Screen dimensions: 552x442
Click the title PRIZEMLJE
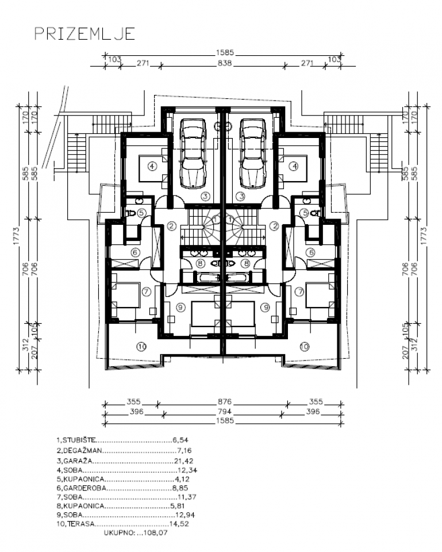[x=84, y=33]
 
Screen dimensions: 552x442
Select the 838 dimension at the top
[x=224, y=64]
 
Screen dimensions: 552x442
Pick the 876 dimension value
[x=224, y=402]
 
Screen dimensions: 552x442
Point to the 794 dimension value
[x=224, y=412]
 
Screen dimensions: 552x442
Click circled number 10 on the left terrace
[x=141, y=346]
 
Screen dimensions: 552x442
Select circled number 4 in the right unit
[x=294, y=167]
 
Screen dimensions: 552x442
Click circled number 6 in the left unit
[x=136, y=251]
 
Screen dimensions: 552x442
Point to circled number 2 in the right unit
[x=275, y=226]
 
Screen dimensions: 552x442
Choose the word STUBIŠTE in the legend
[x=80, y=440]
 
